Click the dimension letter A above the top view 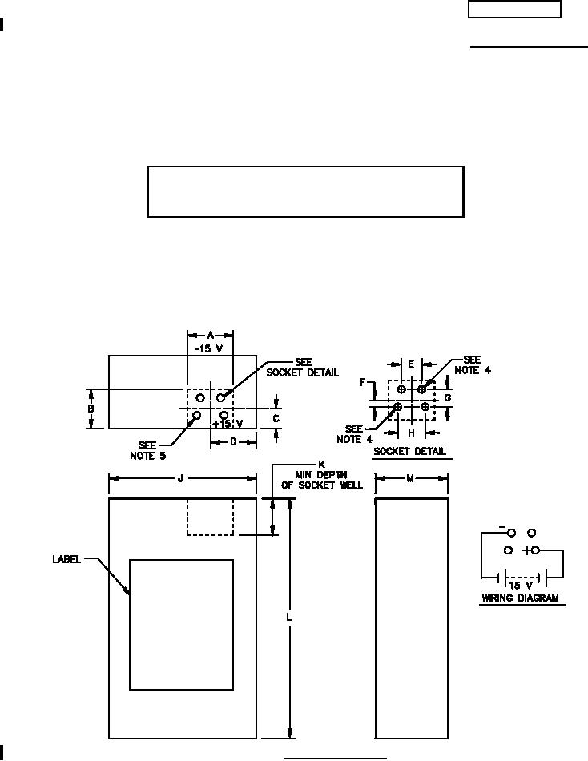point(210,335)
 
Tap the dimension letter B point(91,409)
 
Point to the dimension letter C point(276,417)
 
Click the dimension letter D point(233,442)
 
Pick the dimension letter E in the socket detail point(411,364)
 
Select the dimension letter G point(448,397)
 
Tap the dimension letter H point(411,433)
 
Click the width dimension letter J point(181,479)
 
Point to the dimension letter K point(321,465)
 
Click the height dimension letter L point(290,618)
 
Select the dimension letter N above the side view point(410,479)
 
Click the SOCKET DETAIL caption point(409,453)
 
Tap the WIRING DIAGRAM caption point(520,598)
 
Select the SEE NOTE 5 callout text point(147,450)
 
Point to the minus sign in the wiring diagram point(501,527)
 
